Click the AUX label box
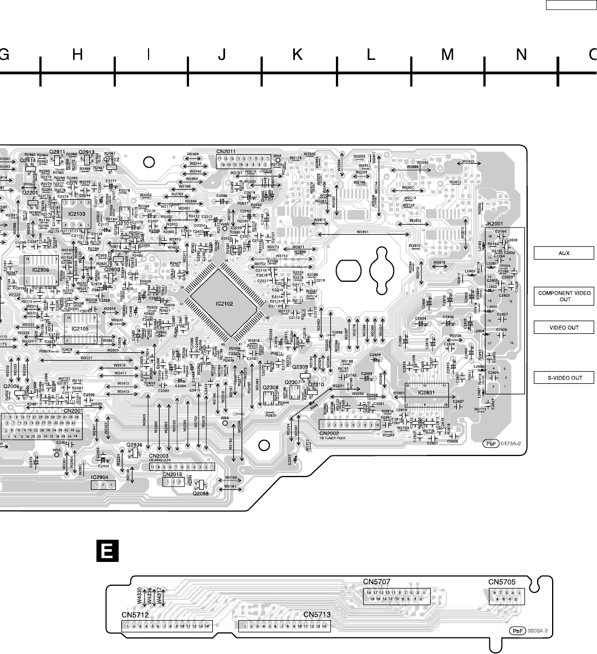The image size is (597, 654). point(564,254)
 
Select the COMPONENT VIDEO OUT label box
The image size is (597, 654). point(564,296)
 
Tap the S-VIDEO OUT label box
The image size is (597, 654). point(564,378)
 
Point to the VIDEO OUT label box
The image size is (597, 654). point(564,327)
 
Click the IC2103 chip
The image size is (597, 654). point(76,213)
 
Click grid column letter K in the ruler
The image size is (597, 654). point(298,54)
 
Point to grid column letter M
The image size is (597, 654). point(447,54)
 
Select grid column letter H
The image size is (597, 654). point(78,54)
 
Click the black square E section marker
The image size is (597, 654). point(108,551)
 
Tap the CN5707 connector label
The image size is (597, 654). point(377,582)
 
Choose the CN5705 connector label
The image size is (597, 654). point(502,582)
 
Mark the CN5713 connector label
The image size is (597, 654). point(317,615)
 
